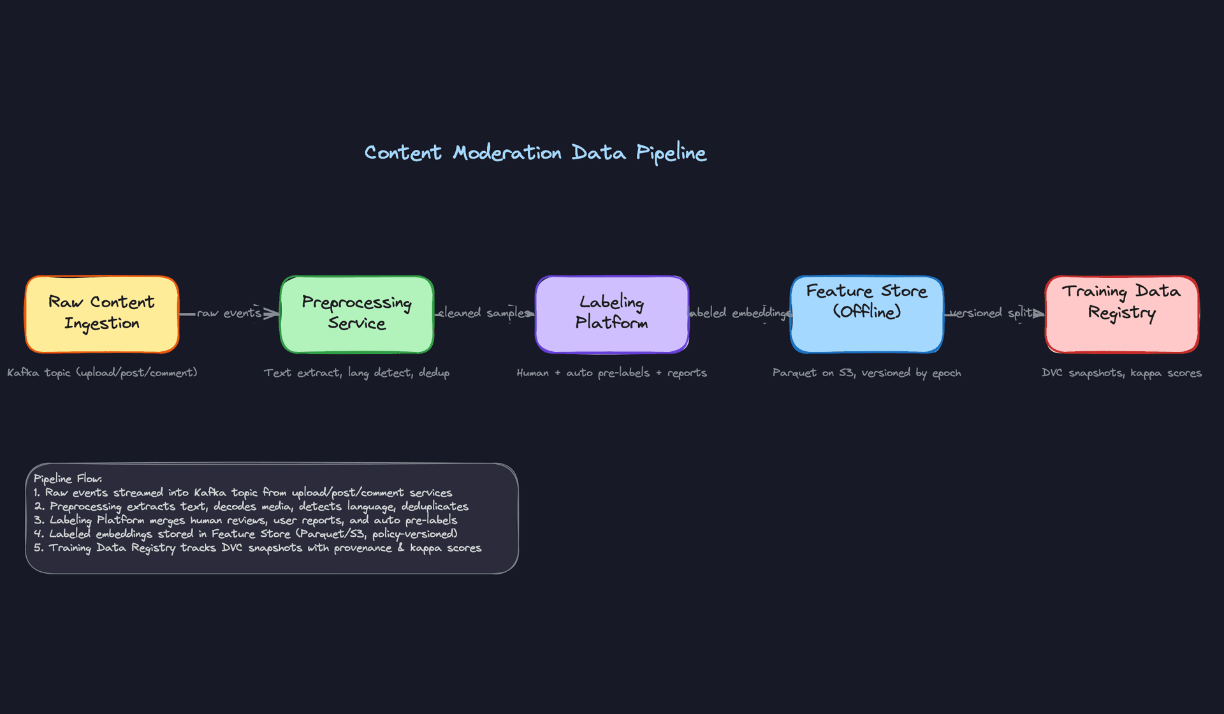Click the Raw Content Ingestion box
tap(102, 314)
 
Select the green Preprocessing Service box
tap(357, 314)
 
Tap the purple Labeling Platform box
tap(612, 314)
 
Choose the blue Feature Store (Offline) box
tap(867, 314)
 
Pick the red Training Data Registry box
tap(1122, 314)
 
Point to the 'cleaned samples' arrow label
tap(484, 313)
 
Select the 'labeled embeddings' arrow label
tap(739, 313)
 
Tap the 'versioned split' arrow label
tap(992, 313)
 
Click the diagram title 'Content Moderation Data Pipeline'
tap(535, 153)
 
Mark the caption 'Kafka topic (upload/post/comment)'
tap(102, 373)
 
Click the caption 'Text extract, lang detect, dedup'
tap(357, 373)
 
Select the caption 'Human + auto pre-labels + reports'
tap(612, 373)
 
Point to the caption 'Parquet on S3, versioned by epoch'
tap(867, 373)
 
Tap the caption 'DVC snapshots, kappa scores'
tap(1122, 373)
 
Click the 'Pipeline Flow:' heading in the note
tap(68, 479)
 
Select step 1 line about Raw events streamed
tap(243, 493)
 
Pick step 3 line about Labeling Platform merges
tap(245, 520)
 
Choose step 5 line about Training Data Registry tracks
tap(258, 548)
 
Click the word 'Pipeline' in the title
tap(671, 153)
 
